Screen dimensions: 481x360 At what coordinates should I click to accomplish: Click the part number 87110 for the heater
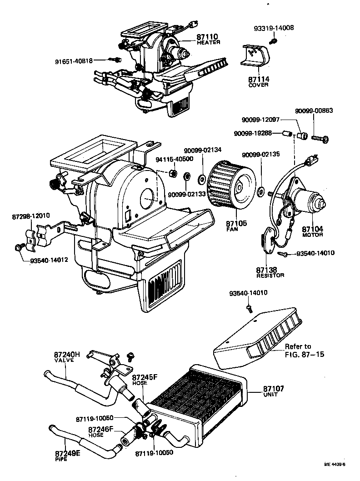pos(207,36)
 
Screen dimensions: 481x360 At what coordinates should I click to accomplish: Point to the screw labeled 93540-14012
pos(19,247)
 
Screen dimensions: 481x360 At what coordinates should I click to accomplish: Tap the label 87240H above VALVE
pos(67,354)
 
